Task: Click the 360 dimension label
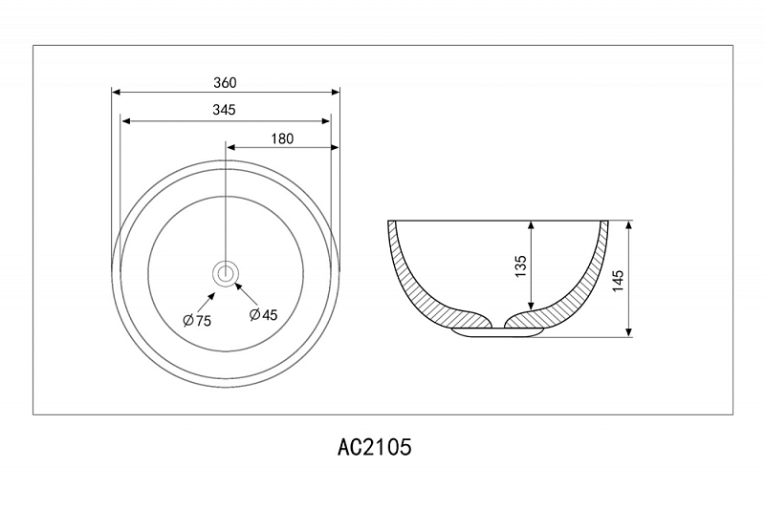pos(225,83)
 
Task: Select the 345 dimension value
pos(224,110)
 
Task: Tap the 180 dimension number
pos(282,138)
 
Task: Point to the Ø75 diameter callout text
pos(197,321)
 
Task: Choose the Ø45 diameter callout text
pos(263,314)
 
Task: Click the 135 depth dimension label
pos(520,265)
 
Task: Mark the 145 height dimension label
pos(618,281)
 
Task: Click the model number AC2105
pos(374,447)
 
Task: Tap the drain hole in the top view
pos(226,273)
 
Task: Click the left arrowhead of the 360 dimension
pos(116,92)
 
